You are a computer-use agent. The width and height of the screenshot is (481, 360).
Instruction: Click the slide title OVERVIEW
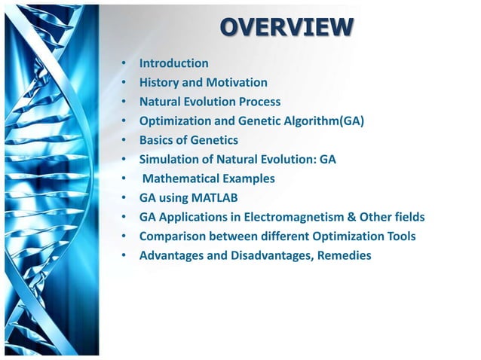click(286, 28)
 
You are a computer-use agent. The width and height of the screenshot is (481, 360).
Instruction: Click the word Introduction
click(173, 63)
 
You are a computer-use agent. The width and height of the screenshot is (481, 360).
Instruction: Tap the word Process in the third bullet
click(256, 102)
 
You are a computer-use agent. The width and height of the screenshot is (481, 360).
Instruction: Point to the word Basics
click(158, 140)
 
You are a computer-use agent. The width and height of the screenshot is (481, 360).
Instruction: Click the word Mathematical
click(179, 178)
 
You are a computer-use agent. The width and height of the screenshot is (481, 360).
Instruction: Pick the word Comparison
click(172, 236)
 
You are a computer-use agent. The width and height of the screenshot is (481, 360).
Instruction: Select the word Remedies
click(343, 256)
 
